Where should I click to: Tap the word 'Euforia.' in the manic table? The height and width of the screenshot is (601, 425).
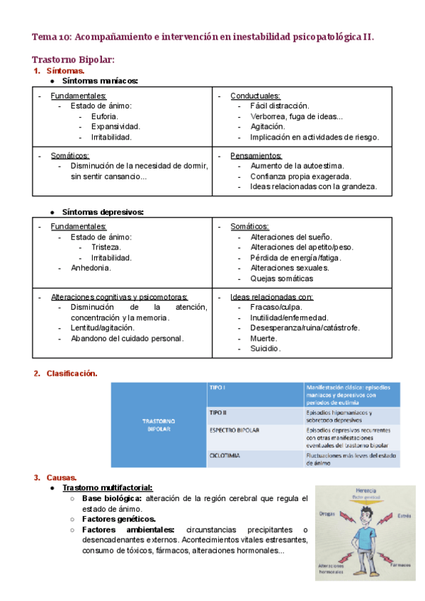(x=105, y=116)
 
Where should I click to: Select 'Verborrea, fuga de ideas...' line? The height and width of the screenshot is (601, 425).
(x=296, y=116)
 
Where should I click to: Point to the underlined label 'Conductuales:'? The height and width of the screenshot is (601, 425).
(x=255, y=96)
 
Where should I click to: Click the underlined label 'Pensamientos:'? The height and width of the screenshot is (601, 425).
(x=256, y=155)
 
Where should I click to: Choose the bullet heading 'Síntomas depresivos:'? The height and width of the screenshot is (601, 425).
(x=103, y=212)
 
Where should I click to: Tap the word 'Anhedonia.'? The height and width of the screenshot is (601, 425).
(x=91, y=268)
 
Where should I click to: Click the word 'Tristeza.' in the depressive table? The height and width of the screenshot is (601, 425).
(x=106, y=247)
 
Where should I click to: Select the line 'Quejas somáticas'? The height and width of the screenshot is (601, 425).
(x=282, y=279)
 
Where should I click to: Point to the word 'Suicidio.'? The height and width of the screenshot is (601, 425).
(x=266, y=349)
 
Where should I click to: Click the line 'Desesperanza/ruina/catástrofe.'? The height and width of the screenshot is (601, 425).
(x=305, y=328)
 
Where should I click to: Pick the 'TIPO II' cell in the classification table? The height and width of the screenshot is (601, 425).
(x=219, y=412)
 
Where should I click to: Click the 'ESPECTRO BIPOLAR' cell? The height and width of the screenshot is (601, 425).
(x=235, y=430)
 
